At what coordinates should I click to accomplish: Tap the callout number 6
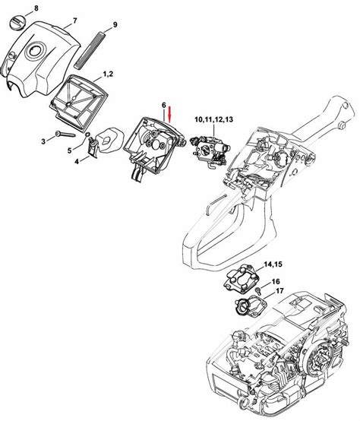163,109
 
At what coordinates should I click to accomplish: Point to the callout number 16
276,281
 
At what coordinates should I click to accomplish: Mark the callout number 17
280,291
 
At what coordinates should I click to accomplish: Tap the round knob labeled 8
17,24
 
